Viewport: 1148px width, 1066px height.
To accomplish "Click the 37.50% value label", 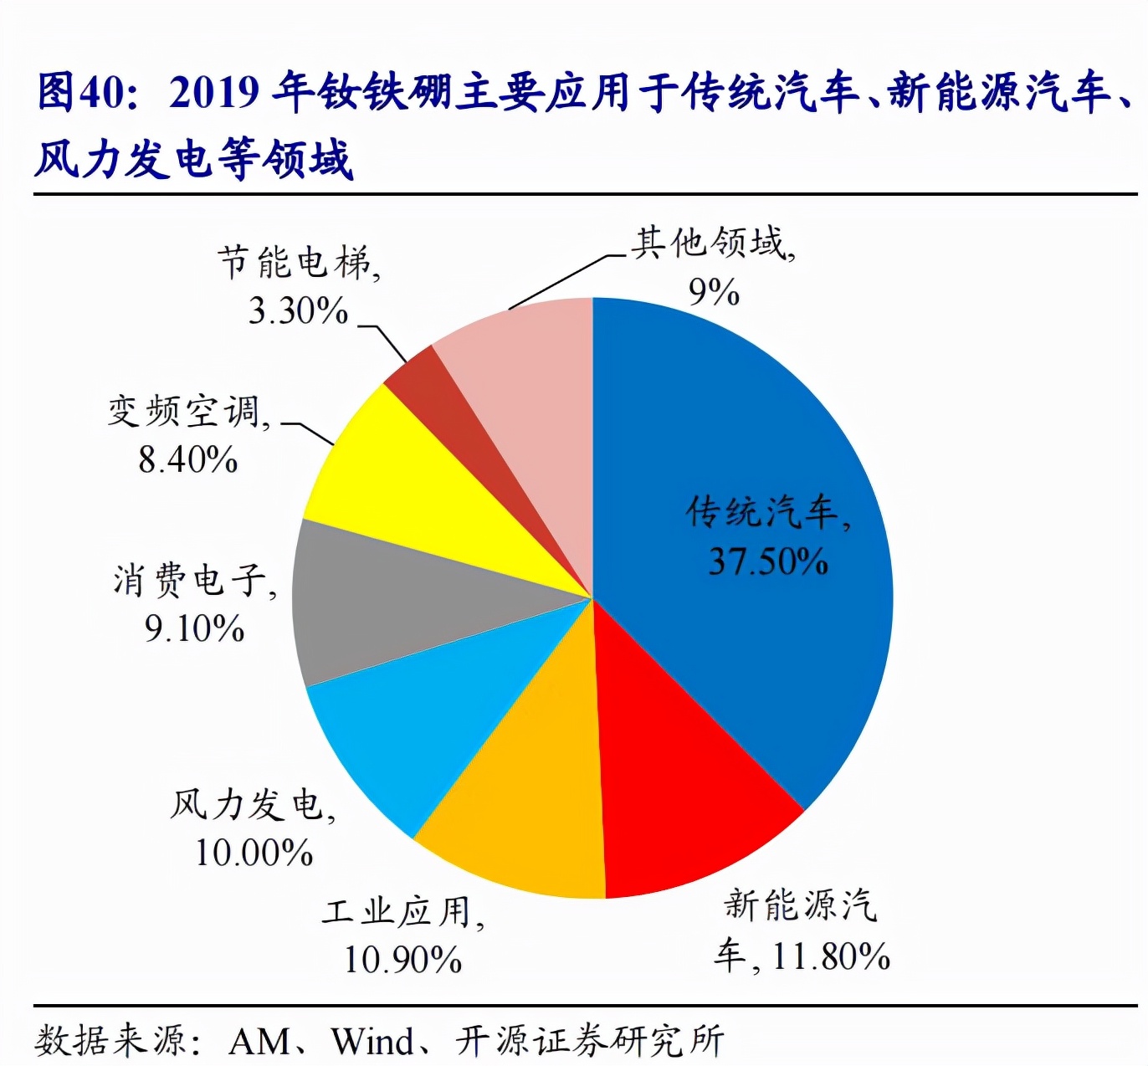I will point(768,561).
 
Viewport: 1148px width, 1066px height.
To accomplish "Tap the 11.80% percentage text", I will point(830,956).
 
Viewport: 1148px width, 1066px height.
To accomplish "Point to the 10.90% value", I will point(402,959).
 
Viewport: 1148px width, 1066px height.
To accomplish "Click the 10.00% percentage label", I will point(254,853).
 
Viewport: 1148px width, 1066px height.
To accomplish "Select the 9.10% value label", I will point(194,628).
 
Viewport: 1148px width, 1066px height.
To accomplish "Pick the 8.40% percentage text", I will point(188,459).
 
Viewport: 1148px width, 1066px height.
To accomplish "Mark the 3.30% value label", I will point(298,310).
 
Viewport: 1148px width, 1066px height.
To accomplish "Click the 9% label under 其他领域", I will point(714,292).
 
